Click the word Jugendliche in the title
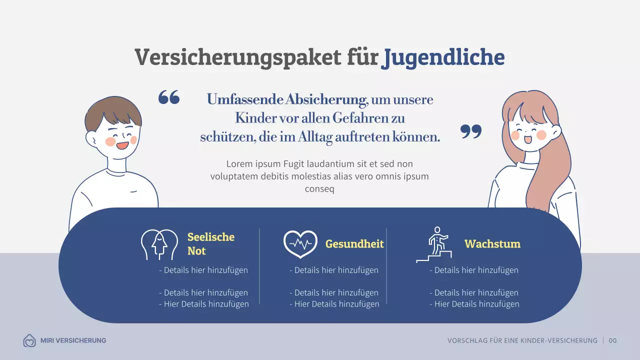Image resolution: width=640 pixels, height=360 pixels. coord(442,58)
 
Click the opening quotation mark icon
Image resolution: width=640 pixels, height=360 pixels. coord(169,97)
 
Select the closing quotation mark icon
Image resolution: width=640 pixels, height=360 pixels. coord(471,131)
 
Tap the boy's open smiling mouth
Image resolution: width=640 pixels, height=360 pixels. coord(122,145)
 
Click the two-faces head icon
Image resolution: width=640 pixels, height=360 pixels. coord(159,244)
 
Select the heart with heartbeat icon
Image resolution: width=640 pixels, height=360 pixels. coord(300,244)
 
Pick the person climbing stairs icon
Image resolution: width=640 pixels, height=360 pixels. coord(434,244)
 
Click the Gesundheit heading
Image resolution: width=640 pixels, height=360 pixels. coord(354,244)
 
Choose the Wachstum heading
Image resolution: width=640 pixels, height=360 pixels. coord(492,244)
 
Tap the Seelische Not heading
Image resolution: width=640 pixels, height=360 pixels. coord(210,244)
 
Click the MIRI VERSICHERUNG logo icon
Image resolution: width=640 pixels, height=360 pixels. coord(29,341)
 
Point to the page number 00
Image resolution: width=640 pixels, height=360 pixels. coord(613,340)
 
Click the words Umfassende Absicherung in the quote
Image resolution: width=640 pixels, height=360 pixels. coord(286,99)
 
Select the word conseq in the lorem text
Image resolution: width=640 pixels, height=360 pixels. coord(319,189)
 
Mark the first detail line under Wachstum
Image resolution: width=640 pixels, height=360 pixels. coord(474,270)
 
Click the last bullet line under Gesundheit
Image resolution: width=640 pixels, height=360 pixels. coord(334,304)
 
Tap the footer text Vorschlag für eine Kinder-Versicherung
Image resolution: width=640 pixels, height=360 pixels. coord(522,340)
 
